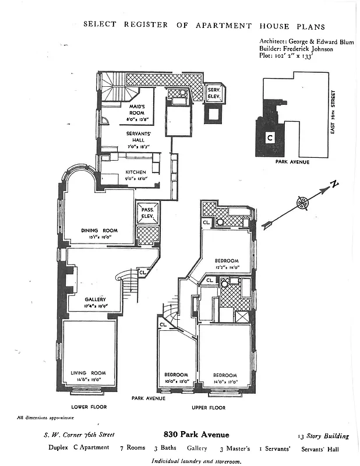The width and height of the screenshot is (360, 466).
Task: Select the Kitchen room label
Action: point(136,172)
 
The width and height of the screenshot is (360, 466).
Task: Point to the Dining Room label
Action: point(99,231)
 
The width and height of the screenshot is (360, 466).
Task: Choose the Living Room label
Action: point(88,373)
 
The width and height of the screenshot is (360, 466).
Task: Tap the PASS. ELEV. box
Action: point(146,215)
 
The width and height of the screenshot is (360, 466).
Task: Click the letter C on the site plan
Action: point(270,138)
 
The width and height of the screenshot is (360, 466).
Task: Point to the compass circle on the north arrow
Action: point(302,203)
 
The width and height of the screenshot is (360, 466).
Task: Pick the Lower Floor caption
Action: point(88,407)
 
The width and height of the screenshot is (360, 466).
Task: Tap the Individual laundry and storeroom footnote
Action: point(196,460)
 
